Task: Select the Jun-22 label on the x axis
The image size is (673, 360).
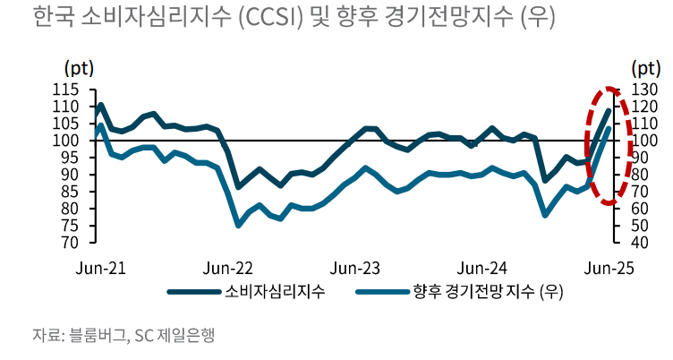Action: [x=228, y=267]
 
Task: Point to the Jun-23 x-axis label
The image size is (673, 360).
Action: [x=355, y=267]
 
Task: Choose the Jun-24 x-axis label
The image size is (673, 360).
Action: [x=482, y=267]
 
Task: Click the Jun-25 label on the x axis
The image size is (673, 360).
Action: [x=609, y=267]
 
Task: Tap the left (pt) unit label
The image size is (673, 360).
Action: [x=79, y=68]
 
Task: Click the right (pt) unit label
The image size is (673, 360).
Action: [x=645, y=68]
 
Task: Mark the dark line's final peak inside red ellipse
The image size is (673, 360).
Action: [x=609, y=110]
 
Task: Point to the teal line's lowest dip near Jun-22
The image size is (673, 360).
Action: [x=238, y=225]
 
